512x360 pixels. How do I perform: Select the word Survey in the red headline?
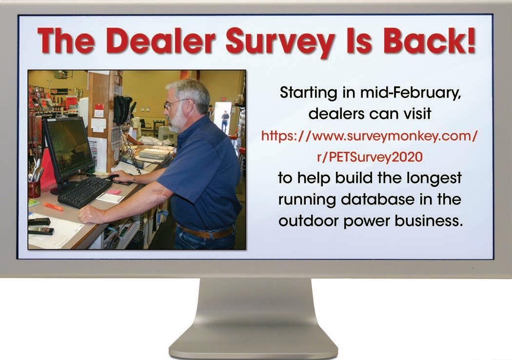280,43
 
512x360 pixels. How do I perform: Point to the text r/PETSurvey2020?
370,157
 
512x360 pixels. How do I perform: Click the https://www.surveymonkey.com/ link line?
370,136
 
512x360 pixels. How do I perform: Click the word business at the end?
429,220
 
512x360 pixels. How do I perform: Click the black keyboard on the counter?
85,192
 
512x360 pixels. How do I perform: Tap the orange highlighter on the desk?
54,206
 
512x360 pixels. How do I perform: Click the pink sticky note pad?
113,192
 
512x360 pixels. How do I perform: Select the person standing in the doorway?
225,121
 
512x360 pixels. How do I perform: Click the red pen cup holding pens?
34,189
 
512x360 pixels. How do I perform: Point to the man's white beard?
177,121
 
